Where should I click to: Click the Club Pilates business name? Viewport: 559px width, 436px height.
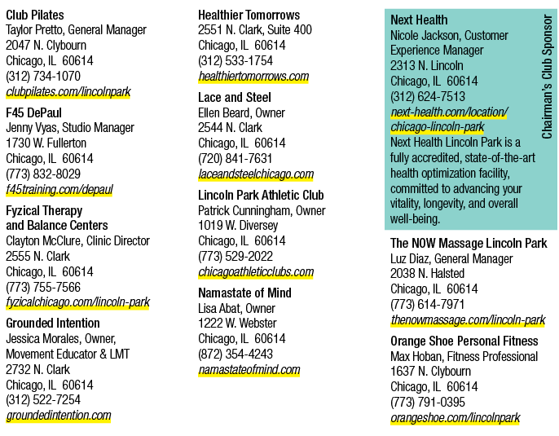[35, 15]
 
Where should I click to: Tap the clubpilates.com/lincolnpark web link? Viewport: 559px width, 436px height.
[68, 92]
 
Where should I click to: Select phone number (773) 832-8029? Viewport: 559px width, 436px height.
[43, 174]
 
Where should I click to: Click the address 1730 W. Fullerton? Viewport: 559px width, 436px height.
[46, 143]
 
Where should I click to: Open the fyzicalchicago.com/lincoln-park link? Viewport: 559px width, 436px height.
[77, 302]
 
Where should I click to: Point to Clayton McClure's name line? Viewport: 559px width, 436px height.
[77, 241]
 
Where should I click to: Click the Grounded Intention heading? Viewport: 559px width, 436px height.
[53, 323]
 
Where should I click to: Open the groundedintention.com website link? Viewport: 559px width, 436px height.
[59, 416]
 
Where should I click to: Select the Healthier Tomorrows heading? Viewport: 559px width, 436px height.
[249, 15]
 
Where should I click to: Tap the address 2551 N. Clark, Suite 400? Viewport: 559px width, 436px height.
[255, 30]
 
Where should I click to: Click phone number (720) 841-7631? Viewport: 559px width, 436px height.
[235, 159]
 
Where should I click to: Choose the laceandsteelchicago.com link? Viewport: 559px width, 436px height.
[256, 174]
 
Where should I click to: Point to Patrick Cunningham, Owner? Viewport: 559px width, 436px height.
[262, 211]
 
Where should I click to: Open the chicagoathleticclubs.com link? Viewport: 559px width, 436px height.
[256, 272]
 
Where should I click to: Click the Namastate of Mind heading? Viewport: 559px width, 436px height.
[244, 293]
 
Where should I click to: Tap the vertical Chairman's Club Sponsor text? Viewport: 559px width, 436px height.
[547, 77]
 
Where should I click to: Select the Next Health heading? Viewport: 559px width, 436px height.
[419, 20]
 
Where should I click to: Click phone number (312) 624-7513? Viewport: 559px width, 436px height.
[428, 97]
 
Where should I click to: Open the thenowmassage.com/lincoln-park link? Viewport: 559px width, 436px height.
[468, 319]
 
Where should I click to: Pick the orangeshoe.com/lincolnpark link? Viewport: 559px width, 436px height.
[456, 418]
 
